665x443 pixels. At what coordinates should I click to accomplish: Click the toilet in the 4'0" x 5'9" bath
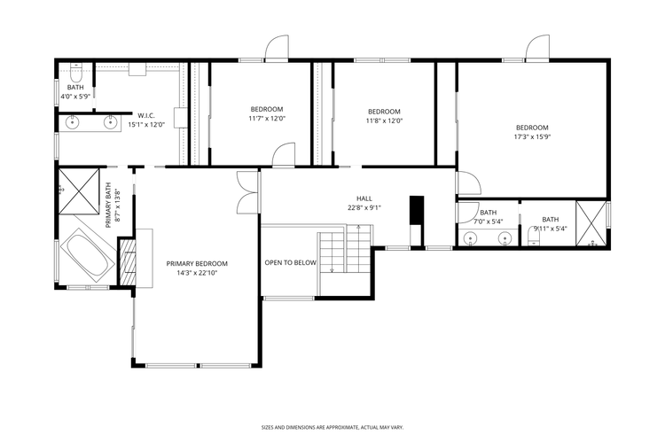click(x=77, y=68)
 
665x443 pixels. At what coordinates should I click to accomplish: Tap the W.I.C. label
click(x=146, y=115)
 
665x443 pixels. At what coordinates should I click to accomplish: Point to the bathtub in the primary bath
click(x=86, y=254)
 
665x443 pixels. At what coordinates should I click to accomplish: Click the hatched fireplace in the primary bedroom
click(x=129, y=261)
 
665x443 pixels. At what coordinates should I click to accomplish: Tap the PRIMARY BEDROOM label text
click(x=197, y=263)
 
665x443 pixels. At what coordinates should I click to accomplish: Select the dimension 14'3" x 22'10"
click(x=197, y=273)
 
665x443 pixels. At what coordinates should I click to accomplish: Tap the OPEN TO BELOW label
click(x=290, y=263)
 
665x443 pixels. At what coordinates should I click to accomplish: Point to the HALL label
click(x=364, y=198)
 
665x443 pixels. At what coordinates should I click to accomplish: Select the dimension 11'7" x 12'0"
click(x=267, y=119)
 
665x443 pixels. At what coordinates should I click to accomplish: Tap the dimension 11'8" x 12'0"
click(x=385, y=120)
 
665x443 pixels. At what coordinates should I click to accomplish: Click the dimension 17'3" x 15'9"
click(x=532, y=136)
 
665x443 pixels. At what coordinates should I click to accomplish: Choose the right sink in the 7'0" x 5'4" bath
click(x=505, y=237)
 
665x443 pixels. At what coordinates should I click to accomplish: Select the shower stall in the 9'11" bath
click(x=592, y=222)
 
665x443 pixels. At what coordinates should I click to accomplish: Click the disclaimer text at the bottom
click(x=332, y=426)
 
